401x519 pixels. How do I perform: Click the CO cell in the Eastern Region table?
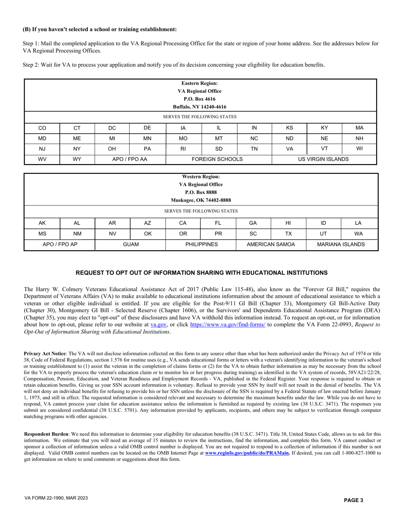(x=42, y=128)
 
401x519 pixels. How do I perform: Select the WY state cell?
(x=77, y=159)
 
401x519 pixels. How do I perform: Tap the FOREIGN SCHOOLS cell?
(x=217, y=159)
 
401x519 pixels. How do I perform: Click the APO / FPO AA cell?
(x=130, y=159)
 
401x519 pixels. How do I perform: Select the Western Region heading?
(x=201, y=177)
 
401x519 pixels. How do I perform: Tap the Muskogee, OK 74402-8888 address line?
(x=201, y=200)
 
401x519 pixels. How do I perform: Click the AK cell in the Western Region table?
(x=42, y=223)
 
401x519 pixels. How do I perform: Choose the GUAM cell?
(x=130, y=244)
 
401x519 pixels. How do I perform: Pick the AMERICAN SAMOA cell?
(x=271, y=244)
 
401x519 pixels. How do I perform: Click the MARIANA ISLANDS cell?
(x=341, y=244)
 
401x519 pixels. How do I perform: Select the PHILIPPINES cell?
(x=200, y=244)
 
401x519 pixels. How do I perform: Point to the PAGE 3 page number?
(x=353, y=500)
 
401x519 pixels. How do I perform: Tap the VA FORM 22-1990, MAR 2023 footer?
(x=56, y=498)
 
